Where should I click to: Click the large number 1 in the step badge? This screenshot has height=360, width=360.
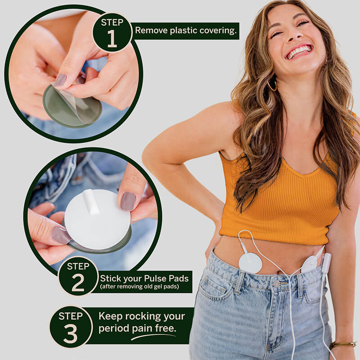coord(112,39)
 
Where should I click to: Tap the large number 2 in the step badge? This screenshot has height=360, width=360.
coord(78,283)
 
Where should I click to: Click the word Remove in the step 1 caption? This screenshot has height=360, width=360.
coord(151,30)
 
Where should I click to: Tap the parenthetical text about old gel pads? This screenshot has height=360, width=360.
coord(139,287)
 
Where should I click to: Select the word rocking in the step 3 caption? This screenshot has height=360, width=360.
coord(141,317)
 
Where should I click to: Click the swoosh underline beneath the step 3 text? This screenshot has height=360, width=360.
coord(153,337)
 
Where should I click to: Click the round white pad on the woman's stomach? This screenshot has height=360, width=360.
coord(250,263)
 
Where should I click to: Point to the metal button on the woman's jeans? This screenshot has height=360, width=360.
coord(277,284)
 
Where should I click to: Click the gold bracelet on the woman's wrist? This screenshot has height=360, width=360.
coord(343,344)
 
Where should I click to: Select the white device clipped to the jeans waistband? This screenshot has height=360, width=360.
coord(326,263)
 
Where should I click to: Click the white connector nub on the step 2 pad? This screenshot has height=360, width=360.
coord(91,202)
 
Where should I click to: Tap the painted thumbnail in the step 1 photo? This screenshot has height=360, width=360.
coord(60,80)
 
